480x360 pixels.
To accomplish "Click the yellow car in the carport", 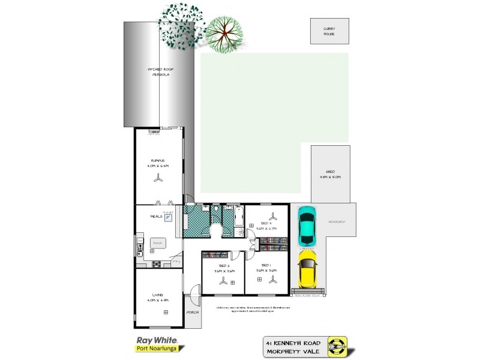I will (x=307, y=269).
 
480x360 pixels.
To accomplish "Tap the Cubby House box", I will (x=329, y=31).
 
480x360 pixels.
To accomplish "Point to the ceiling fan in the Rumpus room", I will (x=158, y=178).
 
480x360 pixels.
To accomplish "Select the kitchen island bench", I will (x=158, y=243).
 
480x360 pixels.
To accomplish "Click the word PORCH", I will (x=193, y=313).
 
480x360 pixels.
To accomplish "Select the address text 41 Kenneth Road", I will (x=294, y=341).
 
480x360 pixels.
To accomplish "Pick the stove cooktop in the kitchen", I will (x=157, y=265).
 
